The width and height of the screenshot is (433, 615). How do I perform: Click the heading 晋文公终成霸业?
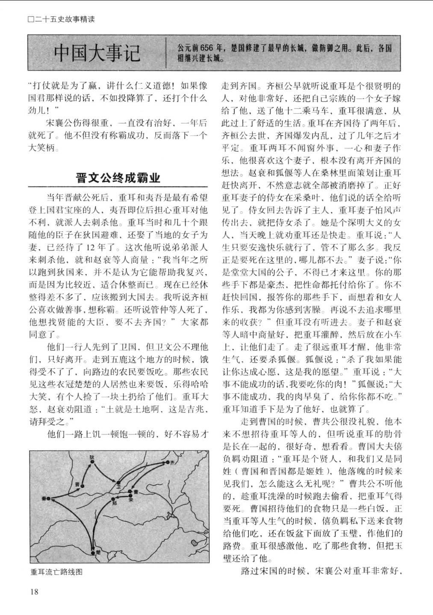pyautogui.click(x=118, y=177)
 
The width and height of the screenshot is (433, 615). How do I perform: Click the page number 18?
pyautogui.click(x=34, y=591)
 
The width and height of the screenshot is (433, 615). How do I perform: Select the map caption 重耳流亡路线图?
pyautogui.click(x=56, y=572)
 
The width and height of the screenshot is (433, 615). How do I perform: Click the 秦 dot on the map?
pyautogui.click(x=48, y=498)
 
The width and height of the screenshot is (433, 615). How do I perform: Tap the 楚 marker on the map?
pyautogui.click(x=93, y=553)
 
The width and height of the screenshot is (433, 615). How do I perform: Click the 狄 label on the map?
pyautogui.click(x=91, y=457)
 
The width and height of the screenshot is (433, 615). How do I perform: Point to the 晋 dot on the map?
pyautogui.click(x=82, y=486)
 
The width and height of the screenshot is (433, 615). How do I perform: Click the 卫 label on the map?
pyautogui.click(x=119, y=487)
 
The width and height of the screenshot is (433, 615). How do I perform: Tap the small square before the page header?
pyautogui.click(x=30, y=19)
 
